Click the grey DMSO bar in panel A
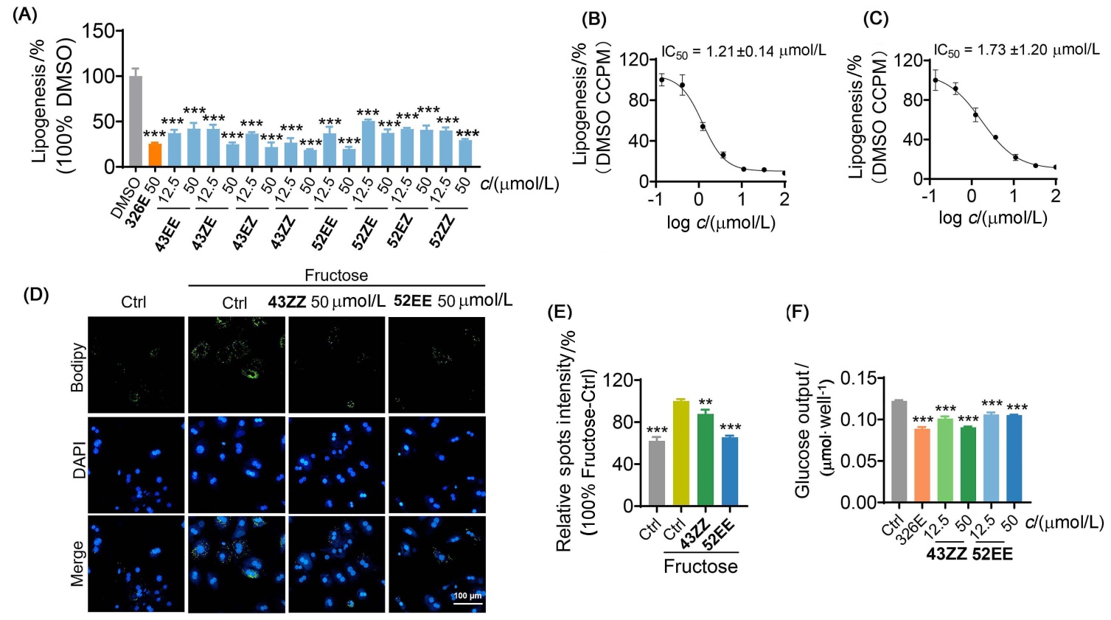135,121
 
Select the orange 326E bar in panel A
154,155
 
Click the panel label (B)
593,19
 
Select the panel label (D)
36,294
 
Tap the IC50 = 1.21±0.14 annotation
743,51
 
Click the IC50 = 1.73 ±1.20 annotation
1016,50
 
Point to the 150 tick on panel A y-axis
98,31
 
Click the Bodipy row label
77,367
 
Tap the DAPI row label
78,460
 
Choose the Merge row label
77,564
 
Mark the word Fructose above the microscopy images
336,276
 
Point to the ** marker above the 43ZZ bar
705,403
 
